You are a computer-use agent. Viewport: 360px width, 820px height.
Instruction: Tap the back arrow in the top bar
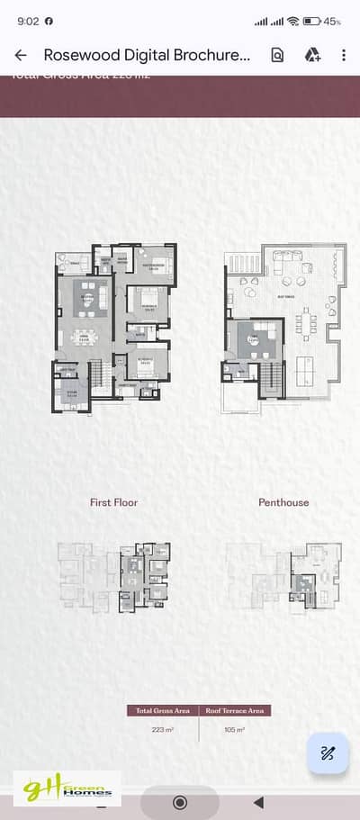coord(21,55)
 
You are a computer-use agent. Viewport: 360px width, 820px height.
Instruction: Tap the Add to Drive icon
coord(312,55)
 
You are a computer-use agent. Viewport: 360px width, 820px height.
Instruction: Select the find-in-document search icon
coord(277,55)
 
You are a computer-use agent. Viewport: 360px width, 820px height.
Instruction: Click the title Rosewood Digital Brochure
coord(148,55)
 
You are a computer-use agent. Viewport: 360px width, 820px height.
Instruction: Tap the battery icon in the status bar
coord(312,21)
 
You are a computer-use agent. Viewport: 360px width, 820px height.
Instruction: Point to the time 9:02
coord(27,21)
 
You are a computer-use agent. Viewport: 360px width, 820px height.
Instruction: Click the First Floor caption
coord(114,502)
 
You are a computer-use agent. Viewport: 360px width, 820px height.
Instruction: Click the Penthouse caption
coord(283,502)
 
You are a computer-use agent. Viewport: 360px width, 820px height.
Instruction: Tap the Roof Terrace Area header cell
coord(234,711)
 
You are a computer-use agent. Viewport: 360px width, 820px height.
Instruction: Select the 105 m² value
coord(234,730)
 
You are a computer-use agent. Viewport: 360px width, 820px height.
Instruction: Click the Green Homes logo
coord(65,789)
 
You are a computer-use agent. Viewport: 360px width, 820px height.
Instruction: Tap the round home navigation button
coord(179,801)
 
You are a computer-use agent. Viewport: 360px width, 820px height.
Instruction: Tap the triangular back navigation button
coord(258,801)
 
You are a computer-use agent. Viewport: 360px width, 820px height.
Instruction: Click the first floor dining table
coord(85,338)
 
